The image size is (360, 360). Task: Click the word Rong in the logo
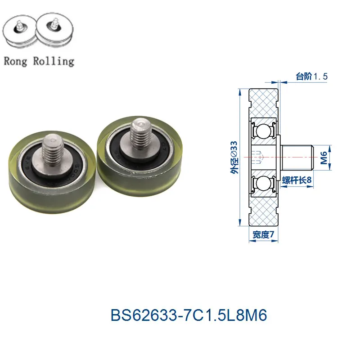15,61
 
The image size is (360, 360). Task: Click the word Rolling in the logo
54,61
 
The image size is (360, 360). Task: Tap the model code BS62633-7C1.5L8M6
189,315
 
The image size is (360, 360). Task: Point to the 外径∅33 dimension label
234,157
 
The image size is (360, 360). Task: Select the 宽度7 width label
263,234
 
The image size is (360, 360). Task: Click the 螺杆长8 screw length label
297,180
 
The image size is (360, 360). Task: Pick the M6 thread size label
324,158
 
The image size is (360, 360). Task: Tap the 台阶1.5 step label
311,76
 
